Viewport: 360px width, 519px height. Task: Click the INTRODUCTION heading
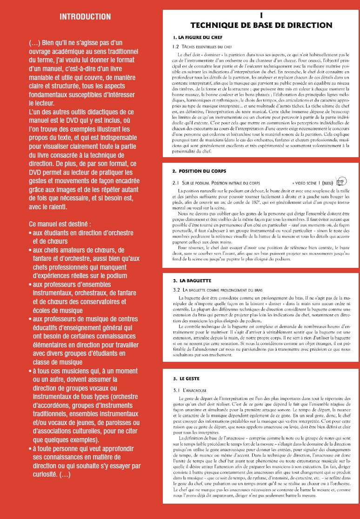click(85, 17)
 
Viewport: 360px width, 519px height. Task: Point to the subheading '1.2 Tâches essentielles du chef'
click(202, 47)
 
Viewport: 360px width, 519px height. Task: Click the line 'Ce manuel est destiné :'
click(58, 224)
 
